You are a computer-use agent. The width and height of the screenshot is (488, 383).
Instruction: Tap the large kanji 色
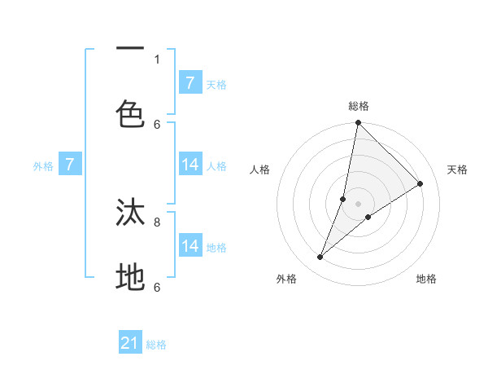point(131,113)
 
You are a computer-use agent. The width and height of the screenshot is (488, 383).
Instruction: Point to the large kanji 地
point(131,277)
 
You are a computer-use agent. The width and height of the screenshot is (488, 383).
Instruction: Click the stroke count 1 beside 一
point(157,59)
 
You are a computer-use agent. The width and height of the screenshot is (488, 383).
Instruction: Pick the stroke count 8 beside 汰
point(157,221)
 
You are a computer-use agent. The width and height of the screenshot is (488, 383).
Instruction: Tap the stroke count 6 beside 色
point(157,124)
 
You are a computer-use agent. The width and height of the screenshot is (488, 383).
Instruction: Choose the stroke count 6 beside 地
point(157,287)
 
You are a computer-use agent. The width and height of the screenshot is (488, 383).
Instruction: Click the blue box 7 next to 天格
point(190,82)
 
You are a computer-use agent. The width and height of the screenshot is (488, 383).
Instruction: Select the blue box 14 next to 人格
point(190,165)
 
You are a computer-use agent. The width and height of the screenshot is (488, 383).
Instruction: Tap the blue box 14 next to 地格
point(190,246)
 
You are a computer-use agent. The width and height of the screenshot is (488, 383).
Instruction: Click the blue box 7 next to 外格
point(70,165)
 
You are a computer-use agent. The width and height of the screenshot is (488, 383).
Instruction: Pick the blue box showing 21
point(130,343)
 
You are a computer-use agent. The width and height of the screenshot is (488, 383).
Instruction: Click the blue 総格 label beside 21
point(157,345)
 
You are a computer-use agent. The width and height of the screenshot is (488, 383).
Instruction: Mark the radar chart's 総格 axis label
point(359,106)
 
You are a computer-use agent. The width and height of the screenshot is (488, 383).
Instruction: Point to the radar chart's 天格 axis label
point(457,169)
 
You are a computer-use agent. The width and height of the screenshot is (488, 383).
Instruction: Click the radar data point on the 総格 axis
point(359,123)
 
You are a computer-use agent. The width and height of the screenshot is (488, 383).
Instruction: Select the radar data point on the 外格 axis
point(320,258)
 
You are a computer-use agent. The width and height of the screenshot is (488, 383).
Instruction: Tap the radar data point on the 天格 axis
point(420,184)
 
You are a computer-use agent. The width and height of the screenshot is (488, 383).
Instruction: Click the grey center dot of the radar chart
point(359,204)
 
